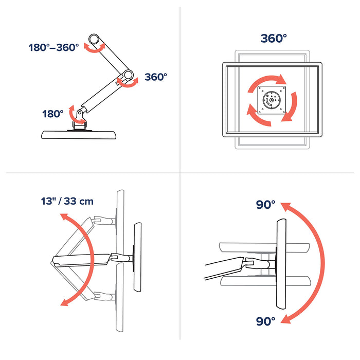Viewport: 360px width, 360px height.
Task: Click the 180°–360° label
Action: (x=54, y=47)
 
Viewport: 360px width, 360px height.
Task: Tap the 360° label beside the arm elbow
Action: (x=156, y=77)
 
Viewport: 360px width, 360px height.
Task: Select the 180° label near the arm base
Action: (x=52, y=114)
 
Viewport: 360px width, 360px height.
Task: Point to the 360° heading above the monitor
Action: (x=273, y=39)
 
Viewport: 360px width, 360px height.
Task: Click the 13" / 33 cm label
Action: (x=68, y=201)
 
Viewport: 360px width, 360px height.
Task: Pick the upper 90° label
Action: (x=266, y=205)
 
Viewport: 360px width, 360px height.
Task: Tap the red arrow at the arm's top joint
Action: (x=95, y=48)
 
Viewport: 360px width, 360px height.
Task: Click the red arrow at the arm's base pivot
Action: (x=79, y=119)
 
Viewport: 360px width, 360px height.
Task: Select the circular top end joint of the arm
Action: (x=95, y=39)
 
